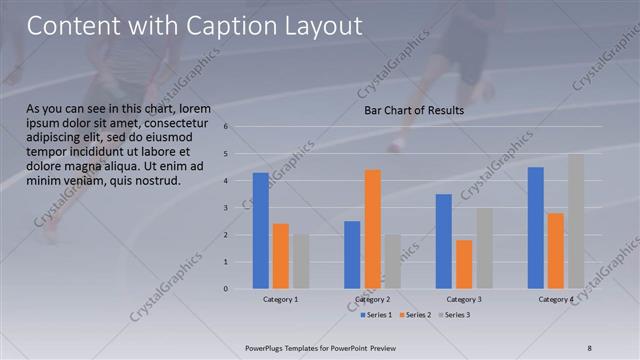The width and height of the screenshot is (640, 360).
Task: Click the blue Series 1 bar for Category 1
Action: click(x=261, y=231)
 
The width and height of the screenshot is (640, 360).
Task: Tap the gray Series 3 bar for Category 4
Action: click(x=576, y=221)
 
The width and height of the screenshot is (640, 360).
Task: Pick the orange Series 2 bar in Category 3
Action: click(x=464, y=264)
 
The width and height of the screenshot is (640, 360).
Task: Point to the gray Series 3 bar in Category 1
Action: click(x=301, y=262)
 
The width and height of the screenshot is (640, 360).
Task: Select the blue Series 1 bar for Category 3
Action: click(x=444, y=241)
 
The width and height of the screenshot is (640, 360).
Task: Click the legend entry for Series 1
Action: click(x=378, y=315)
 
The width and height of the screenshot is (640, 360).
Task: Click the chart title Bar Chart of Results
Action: click(x=413, y=110)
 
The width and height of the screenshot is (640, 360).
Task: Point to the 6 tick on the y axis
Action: click(x=227, y=127)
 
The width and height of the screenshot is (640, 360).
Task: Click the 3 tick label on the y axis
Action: click(x=227, y=208)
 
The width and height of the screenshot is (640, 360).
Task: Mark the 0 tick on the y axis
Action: click(x=227, y=289)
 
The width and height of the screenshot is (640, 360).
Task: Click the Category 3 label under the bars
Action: click(x=464, y=299)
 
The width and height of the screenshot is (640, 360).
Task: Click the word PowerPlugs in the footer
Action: click(x=267, y=347)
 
